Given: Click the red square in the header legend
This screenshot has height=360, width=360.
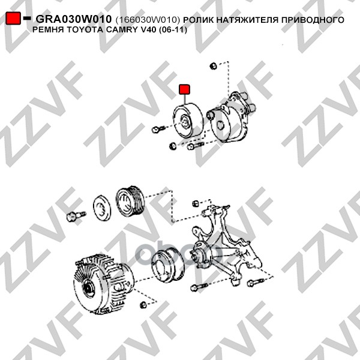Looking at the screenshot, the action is (13, 18).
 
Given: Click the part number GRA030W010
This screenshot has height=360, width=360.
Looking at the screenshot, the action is (73, 19).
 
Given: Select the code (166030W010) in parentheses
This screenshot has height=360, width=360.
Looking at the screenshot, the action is (148, 20).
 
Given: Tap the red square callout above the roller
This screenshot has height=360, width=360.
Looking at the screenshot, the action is (184, 89).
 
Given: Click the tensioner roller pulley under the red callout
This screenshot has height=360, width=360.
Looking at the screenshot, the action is (188, 121).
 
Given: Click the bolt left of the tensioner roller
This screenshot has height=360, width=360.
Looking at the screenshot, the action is (158, 129).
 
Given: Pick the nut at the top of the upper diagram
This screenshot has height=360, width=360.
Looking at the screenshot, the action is (213, 66).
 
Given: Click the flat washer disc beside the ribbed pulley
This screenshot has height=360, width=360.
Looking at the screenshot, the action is (102, 208).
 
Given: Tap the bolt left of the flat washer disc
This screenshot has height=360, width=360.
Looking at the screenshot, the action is (76, 216).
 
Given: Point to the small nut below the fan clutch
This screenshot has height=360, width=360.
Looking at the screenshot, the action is (143, 305).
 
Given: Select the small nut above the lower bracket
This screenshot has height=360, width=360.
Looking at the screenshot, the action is (195, 203).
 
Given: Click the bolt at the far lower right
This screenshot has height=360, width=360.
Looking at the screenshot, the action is (256, 283).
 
